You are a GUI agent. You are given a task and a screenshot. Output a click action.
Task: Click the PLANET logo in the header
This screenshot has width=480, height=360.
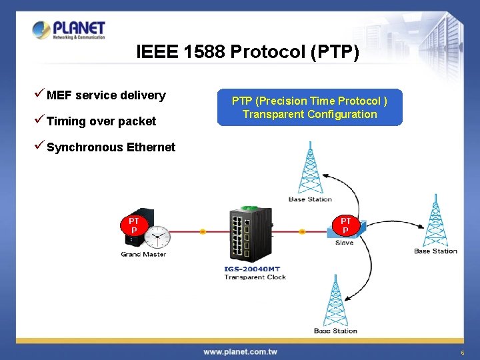[69, 30]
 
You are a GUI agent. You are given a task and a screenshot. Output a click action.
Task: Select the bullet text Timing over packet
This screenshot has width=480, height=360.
[101, 121]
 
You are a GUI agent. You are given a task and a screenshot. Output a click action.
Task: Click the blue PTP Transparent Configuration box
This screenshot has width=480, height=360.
[309, 107]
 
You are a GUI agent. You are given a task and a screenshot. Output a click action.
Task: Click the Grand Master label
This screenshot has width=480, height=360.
[143, 254]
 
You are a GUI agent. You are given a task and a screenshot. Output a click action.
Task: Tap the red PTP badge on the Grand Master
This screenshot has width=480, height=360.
[134, 225]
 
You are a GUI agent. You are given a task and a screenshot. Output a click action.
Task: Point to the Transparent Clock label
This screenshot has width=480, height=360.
[255, 277]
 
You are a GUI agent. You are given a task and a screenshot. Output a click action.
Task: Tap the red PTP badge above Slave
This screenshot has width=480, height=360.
[345, 225]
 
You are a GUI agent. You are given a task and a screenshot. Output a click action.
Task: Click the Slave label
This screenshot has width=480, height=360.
[344, 243]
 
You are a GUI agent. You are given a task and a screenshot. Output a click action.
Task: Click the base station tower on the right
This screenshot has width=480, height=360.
[435, 220]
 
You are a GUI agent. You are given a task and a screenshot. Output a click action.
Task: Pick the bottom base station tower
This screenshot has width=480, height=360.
[335, 300]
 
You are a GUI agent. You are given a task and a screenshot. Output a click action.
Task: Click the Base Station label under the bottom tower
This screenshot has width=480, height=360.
[335, 331]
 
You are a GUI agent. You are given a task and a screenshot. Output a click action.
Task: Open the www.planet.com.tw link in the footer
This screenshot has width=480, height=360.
[240, 351]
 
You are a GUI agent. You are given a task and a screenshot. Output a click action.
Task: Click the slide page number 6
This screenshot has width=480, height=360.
[461, 352]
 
